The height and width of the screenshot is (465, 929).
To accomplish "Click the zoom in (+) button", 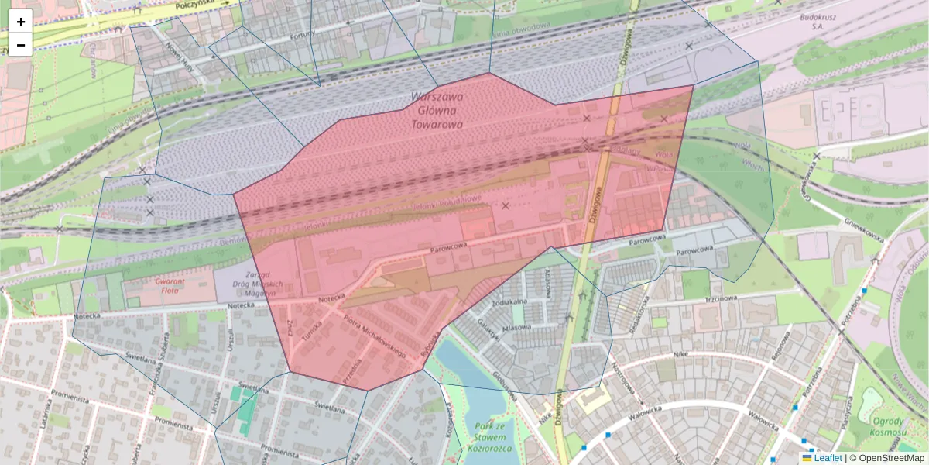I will [x=21, y=22].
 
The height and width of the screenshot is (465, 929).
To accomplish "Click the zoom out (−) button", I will [x=21, y=45].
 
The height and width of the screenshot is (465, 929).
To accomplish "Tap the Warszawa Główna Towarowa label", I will [x=437, y=110].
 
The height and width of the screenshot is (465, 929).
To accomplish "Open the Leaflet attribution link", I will [x=827, y=458].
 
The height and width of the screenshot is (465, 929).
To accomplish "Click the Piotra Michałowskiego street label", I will [x=374, y=336].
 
